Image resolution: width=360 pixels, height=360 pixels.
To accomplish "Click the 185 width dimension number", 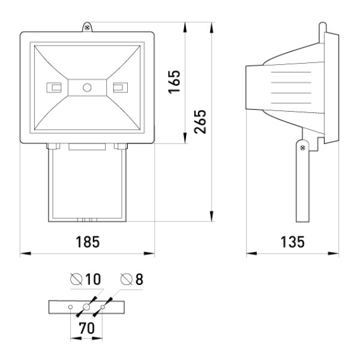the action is point(88,242).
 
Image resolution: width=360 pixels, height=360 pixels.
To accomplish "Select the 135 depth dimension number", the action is point(293,242).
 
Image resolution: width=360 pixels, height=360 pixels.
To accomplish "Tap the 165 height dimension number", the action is point(174,82).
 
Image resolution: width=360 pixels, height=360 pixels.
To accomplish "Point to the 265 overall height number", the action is point(200,122).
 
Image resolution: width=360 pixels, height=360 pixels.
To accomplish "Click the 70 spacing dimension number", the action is point(87,328).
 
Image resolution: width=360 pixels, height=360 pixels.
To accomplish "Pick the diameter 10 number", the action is point(93,279).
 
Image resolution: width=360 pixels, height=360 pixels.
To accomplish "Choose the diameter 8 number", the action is point(139,279).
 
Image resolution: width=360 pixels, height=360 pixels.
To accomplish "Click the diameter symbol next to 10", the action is point(76,279).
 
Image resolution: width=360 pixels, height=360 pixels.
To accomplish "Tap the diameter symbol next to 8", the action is point(127,279).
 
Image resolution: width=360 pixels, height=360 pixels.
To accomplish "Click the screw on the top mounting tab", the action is point(87,28).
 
